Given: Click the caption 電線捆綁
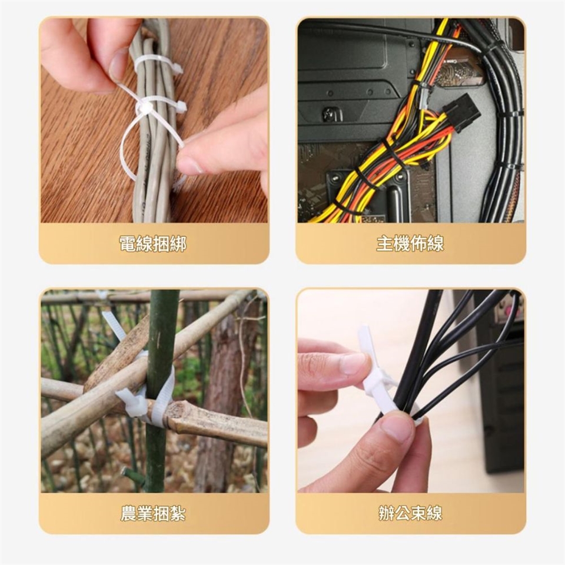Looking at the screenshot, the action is click(x=153, y=244).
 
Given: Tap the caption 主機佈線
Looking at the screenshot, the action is click(x=410, y=244).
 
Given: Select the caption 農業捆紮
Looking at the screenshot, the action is click(x=153, y=513).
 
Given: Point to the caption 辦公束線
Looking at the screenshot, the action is click(x=410, y=513).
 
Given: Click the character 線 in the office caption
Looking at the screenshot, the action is click(x=434, y=513).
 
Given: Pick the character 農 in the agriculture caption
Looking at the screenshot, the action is click(x=128, y=513).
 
